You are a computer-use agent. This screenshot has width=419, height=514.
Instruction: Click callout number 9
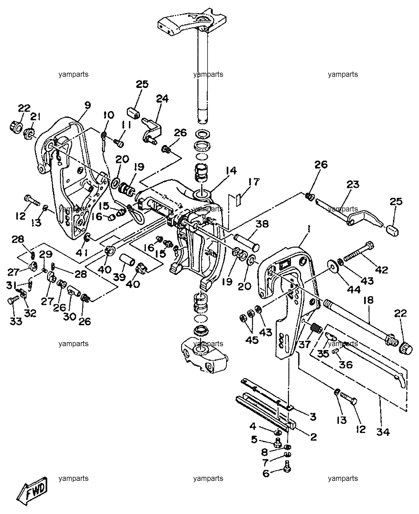click(x=88, y=105)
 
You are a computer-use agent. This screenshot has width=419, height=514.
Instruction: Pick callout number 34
click(x=383, y=432)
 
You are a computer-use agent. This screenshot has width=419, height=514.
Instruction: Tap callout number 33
click(x=16, y=321)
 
